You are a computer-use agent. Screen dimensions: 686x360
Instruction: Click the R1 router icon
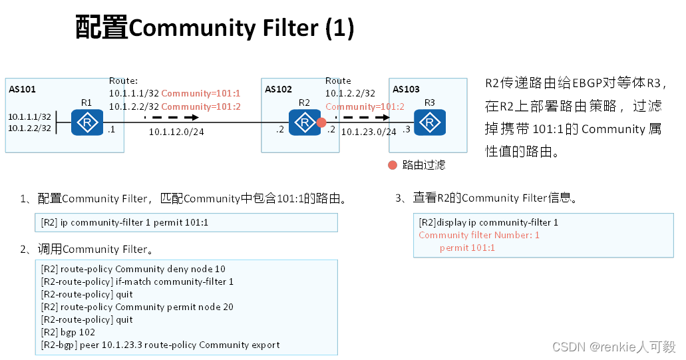(x=86, y=123)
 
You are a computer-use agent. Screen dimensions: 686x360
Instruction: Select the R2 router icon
(x=304, y=123)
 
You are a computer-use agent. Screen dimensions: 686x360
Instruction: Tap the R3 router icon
(x=430, y=123)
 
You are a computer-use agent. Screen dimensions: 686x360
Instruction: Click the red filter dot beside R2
(x=321, y=122)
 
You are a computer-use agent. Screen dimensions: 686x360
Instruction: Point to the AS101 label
(x=23, y=89)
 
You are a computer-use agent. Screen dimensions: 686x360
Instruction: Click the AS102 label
(x=278, y=89)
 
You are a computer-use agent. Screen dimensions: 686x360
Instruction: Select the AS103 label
(x=406, y=89)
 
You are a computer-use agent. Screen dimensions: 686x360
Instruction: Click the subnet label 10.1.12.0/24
(x=176, y=132)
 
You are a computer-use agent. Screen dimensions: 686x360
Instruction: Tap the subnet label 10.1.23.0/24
(x=369, y=132)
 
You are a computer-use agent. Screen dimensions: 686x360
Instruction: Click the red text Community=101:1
(x=200, y=94)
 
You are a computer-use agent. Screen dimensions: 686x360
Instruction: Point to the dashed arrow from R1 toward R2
(x=171, y=118)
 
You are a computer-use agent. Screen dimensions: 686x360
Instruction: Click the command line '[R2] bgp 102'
(x=68, y=332)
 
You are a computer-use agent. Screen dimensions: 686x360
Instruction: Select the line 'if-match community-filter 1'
(x=137, y=281)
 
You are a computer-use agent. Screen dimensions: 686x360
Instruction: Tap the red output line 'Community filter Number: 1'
(x=479, y=235)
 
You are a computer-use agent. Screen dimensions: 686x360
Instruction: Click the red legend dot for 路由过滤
(x=393, y=164)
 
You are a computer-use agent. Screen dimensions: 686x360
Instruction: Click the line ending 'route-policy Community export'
(x=160, y=345)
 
